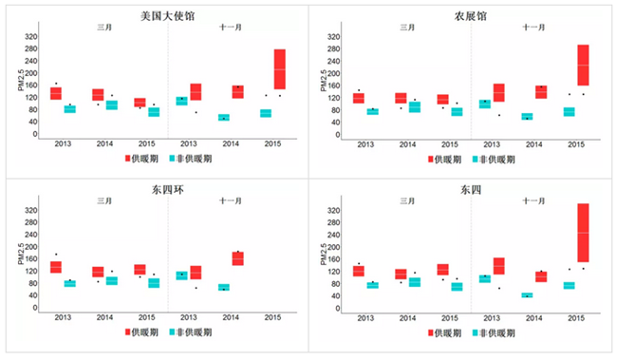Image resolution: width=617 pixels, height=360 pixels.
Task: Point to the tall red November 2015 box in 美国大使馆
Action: click(279, 69)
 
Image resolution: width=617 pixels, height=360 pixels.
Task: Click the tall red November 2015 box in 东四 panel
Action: click(583, 233)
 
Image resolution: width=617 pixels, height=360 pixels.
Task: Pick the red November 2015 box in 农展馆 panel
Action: click(583, 65)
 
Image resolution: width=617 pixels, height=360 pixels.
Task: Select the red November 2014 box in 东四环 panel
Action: click(237, 258)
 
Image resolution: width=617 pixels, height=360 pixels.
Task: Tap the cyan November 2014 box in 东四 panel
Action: click(527, 295)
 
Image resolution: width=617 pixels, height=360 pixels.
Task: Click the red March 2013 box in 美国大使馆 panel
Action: click(56, 93)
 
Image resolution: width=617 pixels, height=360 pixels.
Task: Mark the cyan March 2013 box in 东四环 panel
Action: click(70, 283)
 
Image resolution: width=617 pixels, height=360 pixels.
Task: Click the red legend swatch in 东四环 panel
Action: click(129, 333)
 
